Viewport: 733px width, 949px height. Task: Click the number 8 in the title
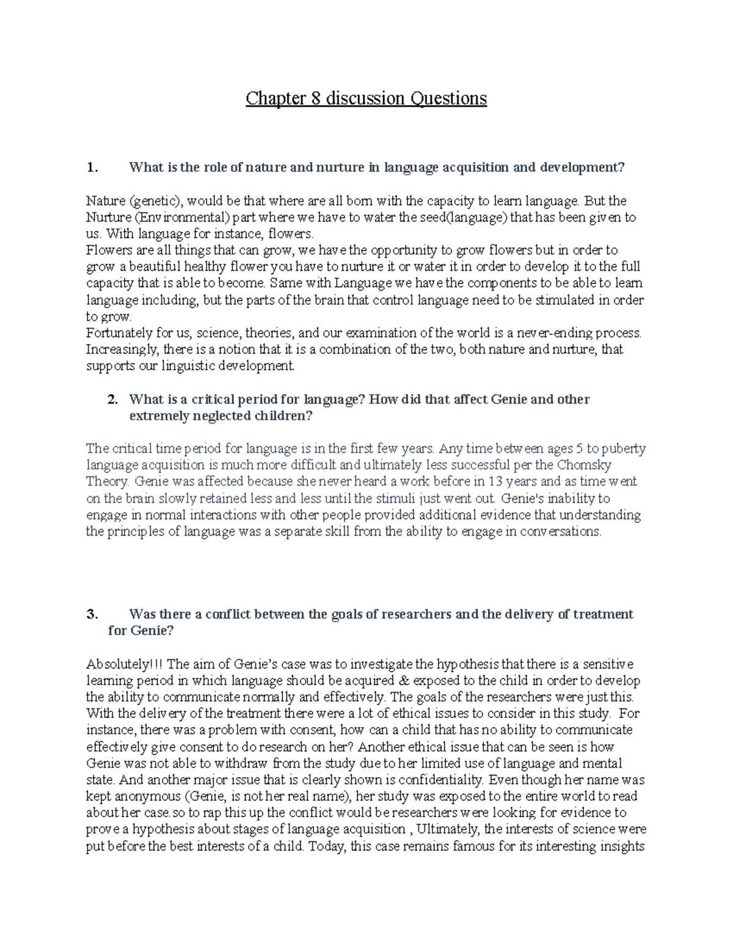[x=316, y=98]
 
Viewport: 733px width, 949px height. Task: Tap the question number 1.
[x=92, y=167]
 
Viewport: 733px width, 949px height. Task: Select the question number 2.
[x=112, y=400]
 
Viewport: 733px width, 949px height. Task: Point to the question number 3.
[x=92, y=614]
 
